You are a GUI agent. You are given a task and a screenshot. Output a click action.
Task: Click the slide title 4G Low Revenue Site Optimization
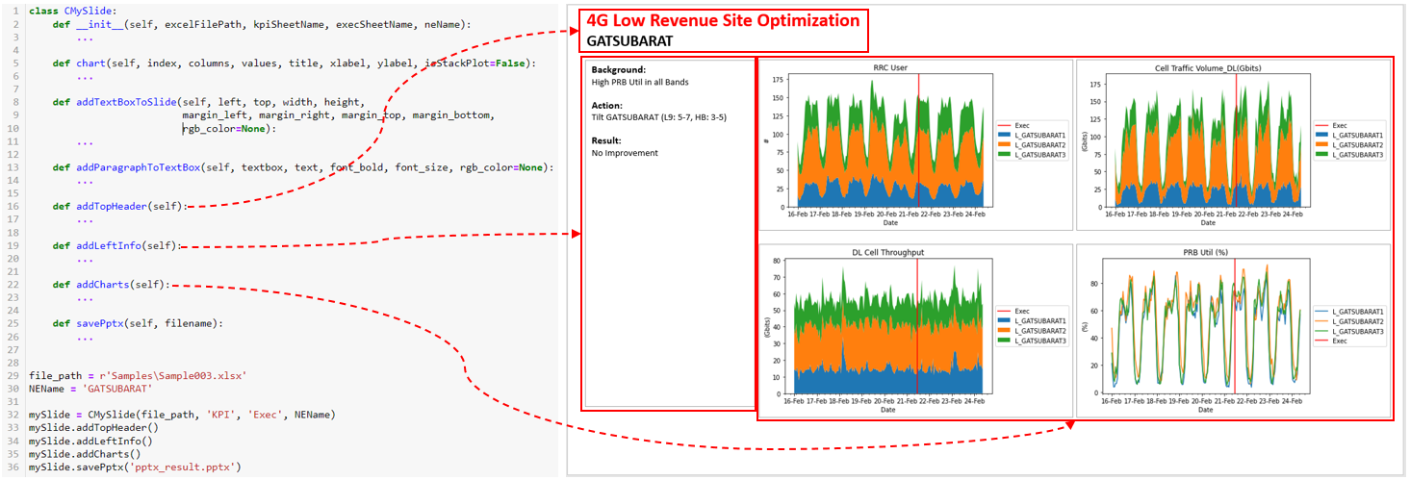tap(723, 21)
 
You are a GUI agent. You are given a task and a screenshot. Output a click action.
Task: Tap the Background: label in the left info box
tap(619, 69)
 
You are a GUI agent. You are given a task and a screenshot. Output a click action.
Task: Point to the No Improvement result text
tap(626, 153)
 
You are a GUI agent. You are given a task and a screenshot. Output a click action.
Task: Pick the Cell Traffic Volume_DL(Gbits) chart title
tap(1204, 68)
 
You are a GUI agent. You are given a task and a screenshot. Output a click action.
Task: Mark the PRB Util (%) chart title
tap(1204, 252)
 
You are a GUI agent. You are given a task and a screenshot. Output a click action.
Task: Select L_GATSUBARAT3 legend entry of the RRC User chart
tap(1041, 154)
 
